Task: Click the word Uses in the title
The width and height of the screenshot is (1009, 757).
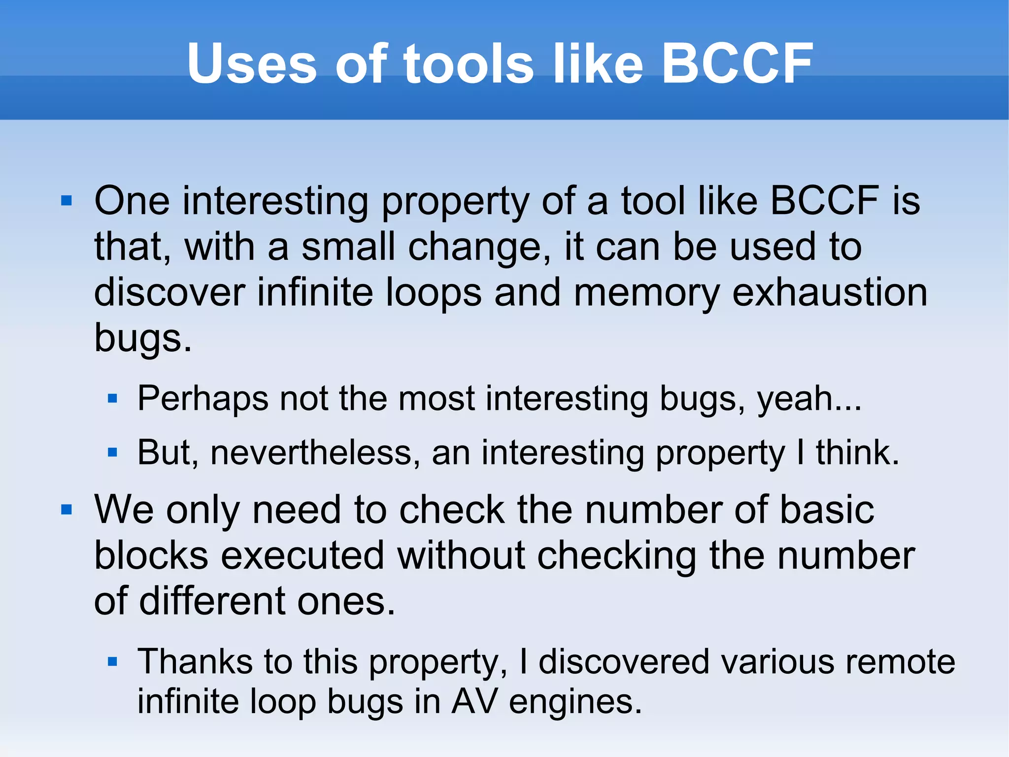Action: (x=252, y=64)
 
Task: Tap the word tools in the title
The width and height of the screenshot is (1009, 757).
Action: (x=469, y=64)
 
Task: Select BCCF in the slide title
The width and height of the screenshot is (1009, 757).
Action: (x=737, y=64)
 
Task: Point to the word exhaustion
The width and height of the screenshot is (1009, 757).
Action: (x=830, y=293)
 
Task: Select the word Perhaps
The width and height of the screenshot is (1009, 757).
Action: (x=202, y=399)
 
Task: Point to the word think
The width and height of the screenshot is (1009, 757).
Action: (x=857, y=453)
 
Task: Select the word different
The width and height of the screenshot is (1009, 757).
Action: (x=212, y=602)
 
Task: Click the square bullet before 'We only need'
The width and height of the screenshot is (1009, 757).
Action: (x=67, y=509)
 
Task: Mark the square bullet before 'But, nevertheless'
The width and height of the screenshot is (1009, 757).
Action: (x=112, y=452)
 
